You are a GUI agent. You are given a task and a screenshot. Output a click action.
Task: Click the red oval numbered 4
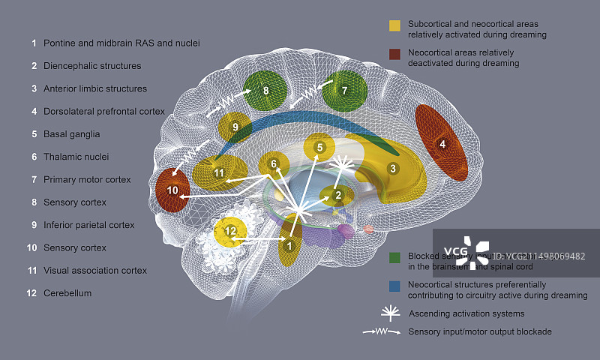[442, 144]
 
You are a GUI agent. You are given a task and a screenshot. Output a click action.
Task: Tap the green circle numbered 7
[344, 91]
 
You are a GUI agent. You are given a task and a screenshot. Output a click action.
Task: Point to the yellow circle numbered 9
[235, 127]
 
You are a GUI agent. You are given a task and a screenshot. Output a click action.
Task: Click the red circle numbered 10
[173, 190]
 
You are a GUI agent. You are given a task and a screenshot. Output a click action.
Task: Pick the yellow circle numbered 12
[231, 232]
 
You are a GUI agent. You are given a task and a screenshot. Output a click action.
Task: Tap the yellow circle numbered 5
[319, 148]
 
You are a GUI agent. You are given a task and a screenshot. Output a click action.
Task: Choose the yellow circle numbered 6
[274, 163]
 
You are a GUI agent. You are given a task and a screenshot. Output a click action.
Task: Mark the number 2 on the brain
[338, 196]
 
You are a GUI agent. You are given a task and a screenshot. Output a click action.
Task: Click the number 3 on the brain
[392, 169]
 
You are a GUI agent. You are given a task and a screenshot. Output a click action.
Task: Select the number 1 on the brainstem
[289, 244]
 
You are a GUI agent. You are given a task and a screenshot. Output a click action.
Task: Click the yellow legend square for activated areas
[394, 25]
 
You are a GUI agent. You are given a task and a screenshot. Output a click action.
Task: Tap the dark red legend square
[394, 54]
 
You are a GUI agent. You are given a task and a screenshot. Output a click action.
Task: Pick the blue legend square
[394, 286]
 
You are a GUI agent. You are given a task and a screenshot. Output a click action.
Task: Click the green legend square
[394, 257]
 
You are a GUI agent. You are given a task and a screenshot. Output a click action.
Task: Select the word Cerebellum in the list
[67, 293]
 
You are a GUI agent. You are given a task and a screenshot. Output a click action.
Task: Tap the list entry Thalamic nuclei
[76, 157]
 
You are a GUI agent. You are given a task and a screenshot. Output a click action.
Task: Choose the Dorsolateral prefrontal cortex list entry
[103, 112]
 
